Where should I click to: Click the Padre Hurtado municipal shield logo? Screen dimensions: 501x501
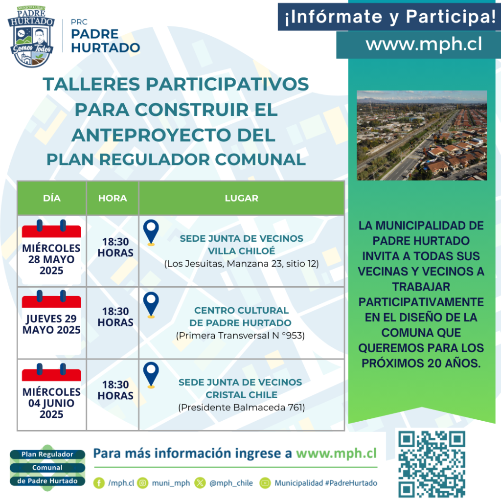pos(31,36)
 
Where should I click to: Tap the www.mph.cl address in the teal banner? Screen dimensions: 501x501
pos(424,44)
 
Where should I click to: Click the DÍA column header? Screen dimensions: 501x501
pos(52,198)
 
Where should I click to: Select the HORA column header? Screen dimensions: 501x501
pos(113,198)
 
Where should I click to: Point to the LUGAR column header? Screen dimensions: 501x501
pos(242,198)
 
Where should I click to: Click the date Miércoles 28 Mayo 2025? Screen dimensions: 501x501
pos(51,259)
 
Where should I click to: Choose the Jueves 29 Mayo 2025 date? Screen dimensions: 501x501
pos(51,324)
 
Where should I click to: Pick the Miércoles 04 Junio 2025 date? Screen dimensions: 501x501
pos(51,403)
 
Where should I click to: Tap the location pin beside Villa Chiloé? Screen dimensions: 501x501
pos(151,232)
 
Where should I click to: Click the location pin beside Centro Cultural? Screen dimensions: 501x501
pos(151,305)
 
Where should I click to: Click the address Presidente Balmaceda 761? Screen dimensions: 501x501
pos(242,408)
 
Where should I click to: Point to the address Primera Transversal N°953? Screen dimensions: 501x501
pos(240,336)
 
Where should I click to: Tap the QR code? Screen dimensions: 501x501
pos(432,464)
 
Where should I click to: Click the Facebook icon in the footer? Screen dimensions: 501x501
pos(99,483)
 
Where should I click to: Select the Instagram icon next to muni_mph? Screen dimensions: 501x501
pos(143,483)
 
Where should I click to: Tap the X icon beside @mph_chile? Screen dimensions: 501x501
pos(200,483)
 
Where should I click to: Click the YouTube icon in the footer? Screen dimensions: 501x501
pos(265,483)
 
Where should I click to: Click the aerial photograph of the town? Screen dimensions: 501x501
pos(422,136)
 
